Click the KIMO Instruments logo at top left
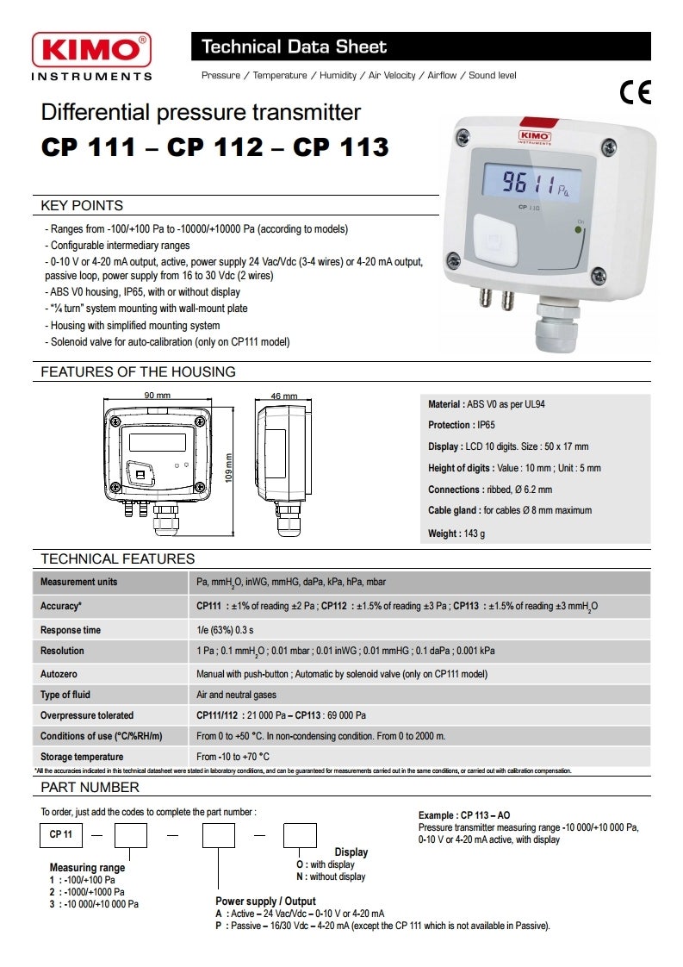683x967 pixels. [x=91, y=57]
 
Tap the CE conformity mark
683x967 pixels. [x=636, y=92]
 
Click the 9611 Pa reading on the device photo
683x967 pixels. [x=530, y=184]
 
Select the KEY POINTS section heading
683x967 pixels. [x=82, y=206]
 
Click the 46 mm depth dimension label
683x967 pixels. [x=283, y=396]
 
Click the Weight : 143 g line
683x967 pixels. [x=456, y=534]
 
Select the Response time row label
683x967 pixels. [x=71, y=630]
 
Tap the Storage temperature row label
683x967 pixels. [x=82, y=758]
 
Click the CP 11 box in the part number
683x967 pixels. [x=61, y=835]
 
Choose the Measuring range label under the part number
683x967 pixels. [x=87, y=868]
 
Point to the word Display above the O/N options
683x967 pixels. [x=351, y=852]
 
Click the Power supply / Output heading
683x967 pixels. [x=265, y=901]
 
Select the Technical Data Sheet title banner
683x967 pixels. [x=420, y=47]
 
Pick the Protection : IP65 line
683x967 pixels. [x=462, y=426]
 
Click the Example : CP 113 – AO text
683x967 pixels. [x=464, y=815]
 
